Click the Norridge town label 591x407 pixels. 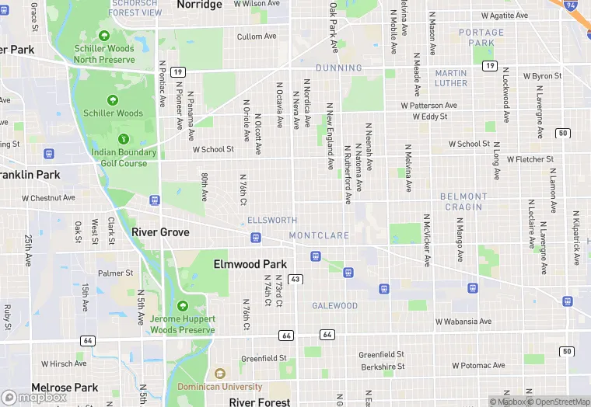click(x=200, y=5)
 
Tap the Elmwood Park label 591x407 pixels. click(x=250, y=264)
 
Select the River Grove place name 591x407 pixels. click(x=160, y=232)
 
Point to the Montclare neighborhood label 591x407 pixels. click(x=319, y=235)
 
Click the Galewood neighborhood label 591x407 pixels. click(x=335, y=306)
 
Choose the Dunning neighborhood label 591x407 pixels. click(x=339, y=68)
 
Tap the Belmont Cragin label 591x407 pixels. click(x=463, y=202)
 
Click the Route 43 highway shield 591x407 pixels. click(x=295, y=279)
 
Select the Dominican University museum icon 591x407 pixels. click(x=220, y=374)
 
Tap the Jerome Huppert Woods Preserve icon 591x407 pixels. click(x=182, y=306)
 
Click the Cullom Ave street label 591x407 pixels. click(x=257, y=37)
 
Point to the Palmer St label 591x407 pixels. click(x=115, y=273)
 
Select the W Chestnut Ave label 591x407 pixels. click(x=48, y=198)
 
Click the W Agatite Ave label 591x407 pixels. click(x=505, y=16)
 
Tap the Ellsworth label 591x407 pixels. click(x=272, y=221)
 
